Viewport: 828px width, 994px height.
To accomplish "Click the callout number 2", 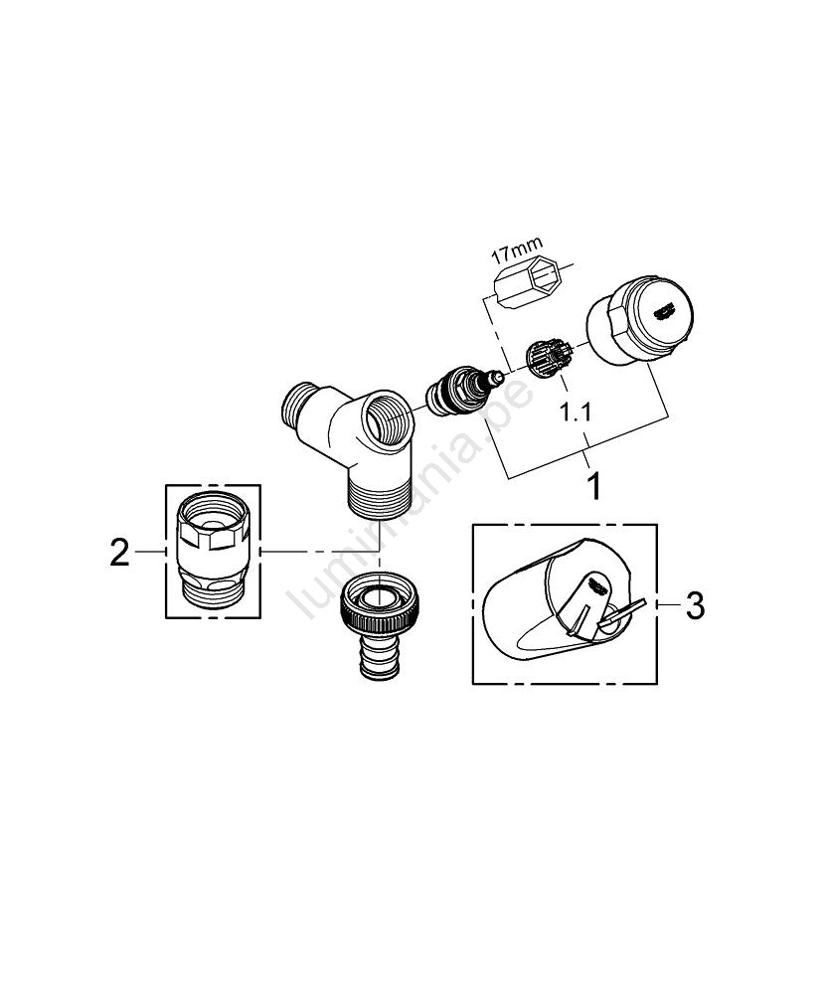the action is (x=119, y=552).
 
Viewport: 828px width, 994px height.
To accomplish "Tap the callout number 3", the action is (x=696, y=606).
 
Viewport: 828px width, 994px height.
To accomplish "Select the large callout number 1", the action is (x=594, y=486).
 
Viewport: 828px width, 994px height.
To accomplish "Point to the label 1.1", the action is (x=576, y=413).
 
